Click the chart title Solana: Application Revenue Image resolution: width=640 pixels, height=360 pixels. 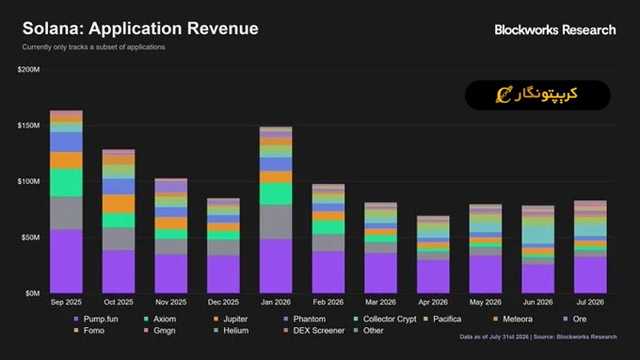point(140,28)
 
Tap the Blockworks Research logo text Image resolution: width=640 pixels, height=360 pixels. point(555,30)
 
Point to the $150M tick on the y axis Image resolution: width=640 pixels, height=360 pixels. point(28,126)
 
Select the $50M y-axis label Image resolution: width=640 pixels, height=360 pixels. point(31,237)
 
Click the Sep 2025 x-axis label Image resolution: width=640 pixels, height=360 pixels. point(66,302)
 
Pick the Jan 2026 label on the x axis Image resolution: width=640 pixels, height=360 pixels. point(276,302)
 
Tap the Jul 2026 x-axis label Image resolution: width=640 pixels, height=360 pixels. point(590,302)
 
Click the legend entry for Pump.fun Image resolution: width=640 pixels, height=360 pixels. point(96,318)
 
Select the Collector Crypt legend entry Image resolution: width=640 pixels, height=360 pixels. point(385,318)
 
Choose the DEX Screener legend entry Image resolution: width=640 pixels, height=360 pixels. point(315,330)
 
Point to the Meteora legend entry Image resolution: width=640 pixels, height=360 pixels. point(513,318)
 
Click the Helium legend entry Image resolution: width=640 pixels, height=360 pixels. point(231,330)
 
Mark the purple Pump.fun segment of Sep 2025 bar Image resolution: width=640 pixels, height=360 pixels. point(66,261)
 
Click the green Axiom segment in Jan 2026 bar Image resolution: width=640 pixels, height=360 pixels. point(276,194)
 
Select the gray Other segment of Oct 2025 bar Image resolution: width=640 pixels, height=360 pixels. point(118,239)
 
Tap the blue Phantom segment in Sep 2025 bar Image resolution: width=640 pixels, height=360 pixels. point(66,142)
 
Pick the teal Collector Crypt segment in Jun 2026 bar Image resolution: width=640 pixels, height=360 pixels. point(538,235)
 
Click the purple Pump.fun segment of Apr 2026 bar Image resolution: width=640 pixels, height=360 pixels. point(433,276)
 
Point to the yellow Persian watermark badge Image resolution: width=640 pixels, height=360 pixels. point(538,95)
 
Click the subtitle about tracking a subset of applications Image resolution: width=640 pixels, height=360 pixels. point(93,47)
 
